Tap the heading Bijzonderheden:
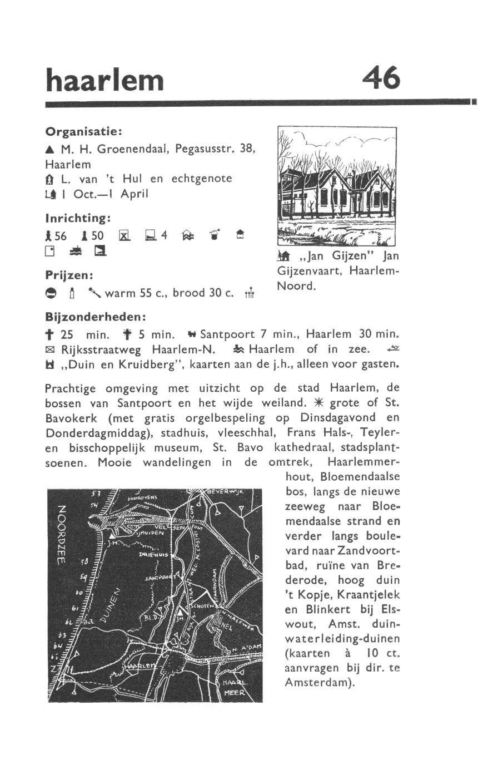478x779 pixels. tap(95, 317)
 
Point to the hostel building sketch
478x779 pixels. tap(336, 187)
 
